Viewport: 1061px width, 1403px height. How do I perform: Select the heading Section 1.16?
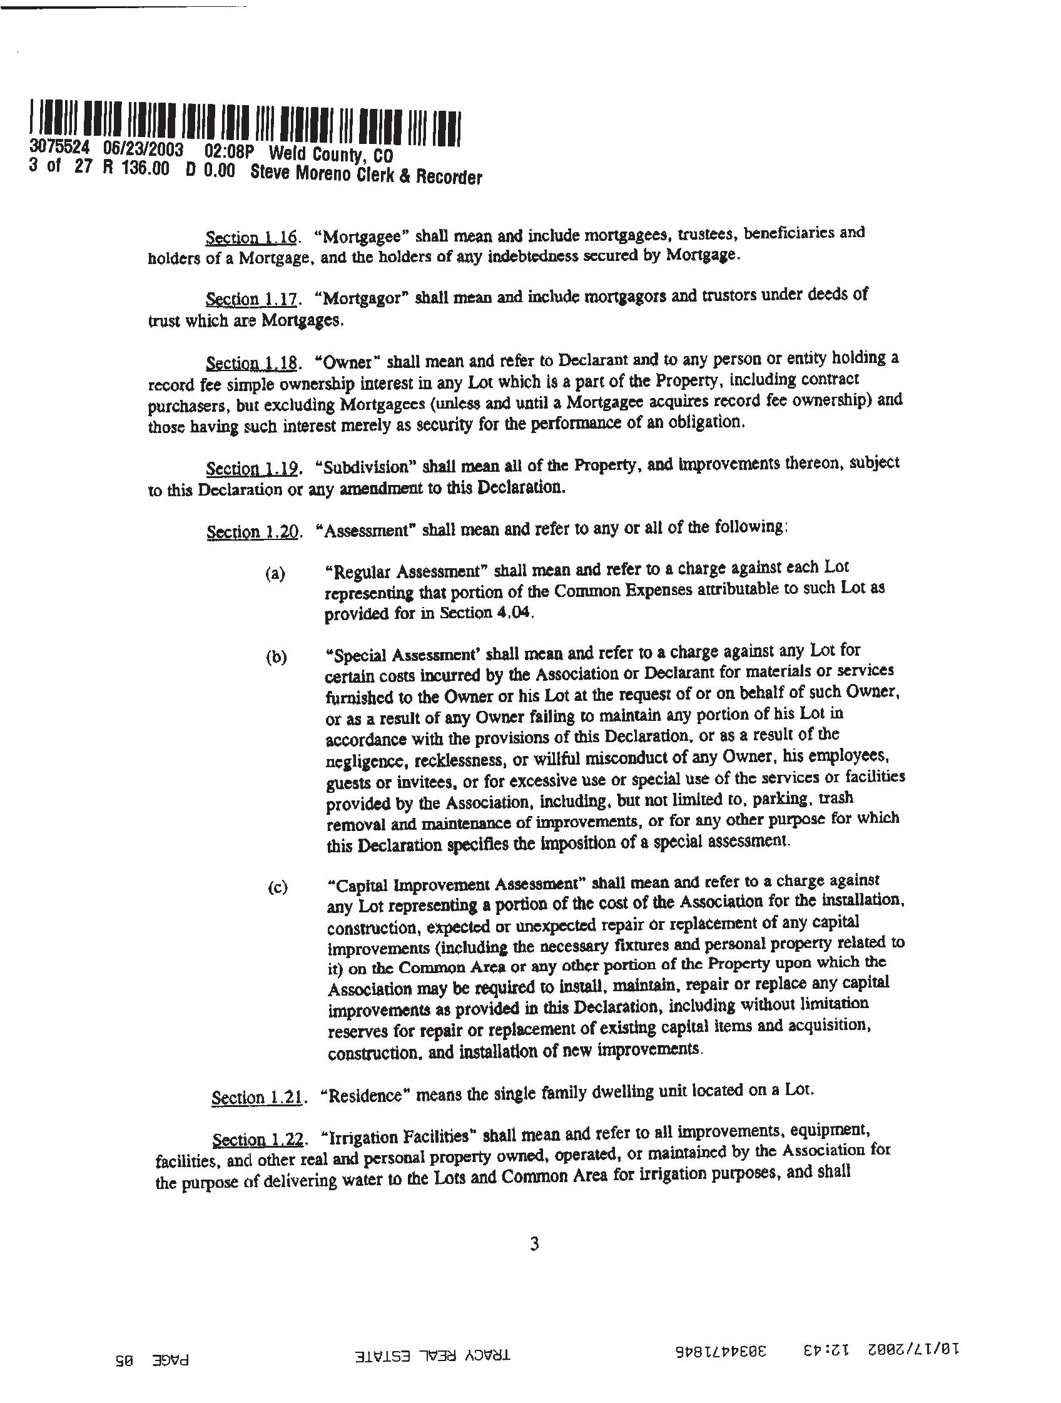click(x=251, y=238)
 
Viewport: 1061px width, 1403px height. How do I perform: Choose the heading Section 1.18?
click(x=251, y=364)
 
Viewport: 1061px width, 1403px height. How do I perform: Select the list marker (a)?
click(x=275, y=574)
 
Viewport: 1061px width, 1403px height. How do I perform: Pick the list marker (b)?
click(x=276, y=658)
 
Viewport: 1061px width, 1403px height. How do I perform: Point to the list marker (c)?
click(x=277, y=887)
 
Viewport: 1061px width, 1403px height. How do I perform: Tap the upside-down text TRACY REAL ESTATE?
click(x=434, y=1354)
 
